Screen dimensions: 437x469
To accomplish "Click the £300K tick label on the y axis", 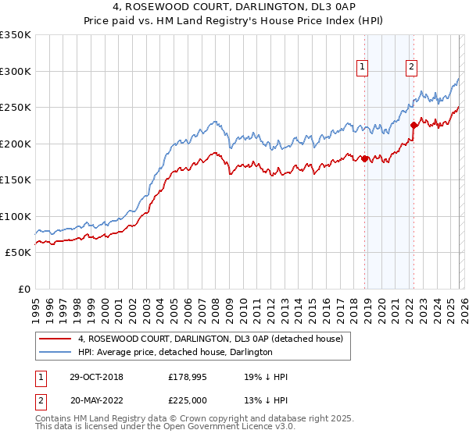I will (16, 71).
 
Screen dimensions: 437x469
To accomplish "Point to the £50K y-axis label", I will (18, 253).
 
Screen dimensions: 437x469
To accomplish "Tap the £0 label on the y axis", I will (23, 290).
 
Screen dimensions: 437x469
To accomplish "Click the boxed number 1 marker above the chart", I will (363, 68).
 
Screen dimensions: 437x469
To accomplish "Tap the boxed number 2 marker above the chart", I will (411, 68).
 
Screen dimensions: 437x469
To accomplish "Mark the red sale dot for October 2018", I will (365, 158).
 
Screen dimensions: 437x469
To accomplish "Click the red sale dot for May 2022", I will (414, 125).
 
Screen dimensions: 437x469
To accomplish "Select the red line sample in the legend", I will (55, 339).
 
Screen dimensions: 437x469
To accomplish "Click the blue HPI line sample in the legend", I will (55, 353).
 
